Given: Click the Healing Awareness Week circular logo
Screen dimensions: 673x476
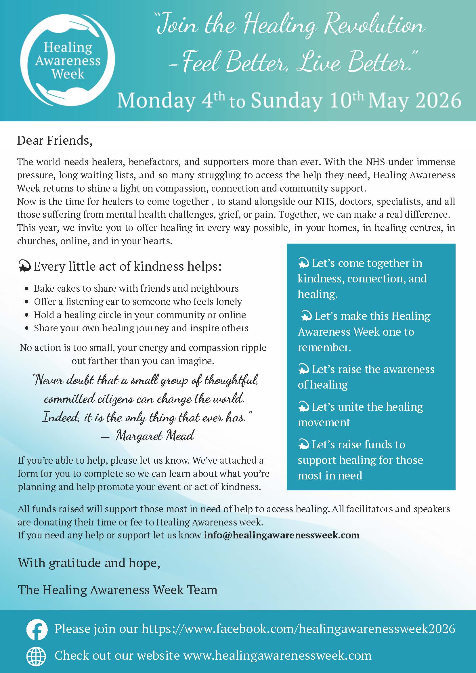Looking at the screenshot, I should pyautogui.click(x=68, y=60).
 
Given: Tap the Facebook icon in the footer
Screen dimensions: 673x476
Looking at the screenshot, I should pyautogui.click(x=37, y=629).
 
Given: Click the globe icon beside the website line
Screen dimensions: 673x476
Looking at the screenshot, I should pyautogui.click(x=36, y=656).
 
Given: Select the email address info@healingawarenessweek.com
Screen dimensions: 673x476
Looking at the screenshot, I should pyautogui.click(x=281, y=535).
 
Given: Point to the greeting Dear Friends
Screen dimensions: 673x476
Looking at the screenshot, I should pyautogui.click(x=55, y=140).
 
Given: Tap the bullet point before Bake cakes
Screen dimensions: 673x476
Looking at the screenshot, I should pyautogui.click(x=27, y=289).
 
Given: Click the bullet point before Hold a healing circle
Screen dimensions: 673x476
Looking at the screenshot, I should pyautogui.click(x=27, y=315).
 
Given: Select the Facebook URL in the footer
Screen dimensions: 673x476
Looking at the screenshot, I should pyautogui.click(x=298, y=629).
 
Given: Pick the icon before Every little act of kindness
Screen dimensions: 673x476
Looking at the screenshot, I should pyautogui.click(x=25, y=266).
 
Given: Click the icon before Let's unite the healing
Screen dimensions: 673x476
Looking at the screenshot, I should pyautogui.click(x=303, y=407).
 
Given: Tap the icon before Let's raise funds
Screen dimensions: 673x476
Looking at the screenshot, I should pyautogui.click(x=303, y=445).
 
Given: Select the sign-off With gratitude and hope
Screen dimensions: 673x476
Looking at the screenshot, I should pyautogui.click(x=89, y=563).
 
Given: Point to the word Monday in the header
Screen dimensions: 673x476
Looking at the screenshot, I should pyautogui.click(x=156, y=101).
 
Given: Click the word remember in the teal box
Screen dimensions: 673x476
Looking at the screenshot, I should pyautogui.click(x=324, y=347).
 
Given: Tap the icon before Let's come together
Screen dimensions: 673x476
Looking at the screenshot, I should pyautogui.click(x=303, y=263).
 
